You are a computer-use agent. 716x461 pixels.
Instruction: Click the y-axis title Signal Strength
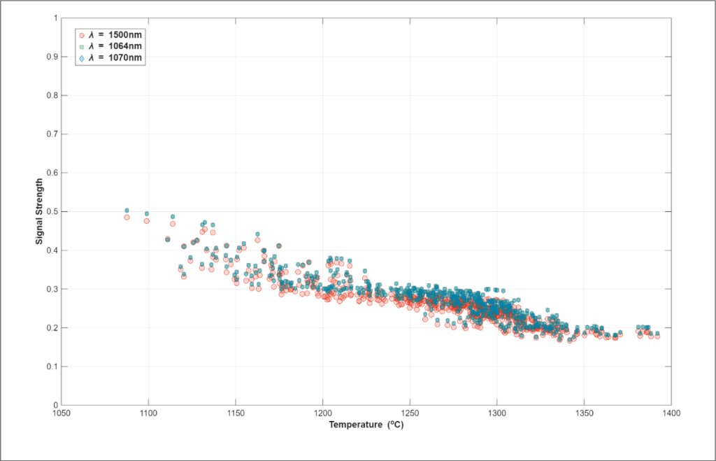[41, 211]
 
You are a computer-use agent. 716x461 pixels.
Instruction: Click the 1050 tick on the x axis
[62, 412]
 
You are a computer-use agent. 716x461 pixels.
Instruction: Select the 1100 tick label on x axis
[148, 412]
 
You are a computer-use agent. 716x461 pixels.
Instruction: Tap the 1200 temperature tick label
[323, 412]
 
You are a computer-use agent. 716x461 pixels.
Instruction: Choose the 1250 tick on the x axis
[410, 412]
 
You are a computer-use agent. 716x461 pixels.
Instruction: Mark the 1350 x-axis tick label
[584, 412]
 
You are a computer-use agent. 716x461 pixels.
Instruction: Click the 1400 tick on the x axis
[671, 412]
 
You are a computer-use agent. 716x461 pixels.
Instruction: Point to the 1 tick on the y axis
[55, 17]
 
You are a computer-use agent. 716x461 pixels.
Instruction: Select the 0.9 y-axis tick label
[52, 57]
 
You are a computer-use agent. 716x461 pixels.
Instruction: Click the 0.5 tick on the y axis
[52, 211]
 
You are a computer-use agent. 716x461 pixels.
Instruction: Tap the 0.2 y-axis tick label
[52, 327]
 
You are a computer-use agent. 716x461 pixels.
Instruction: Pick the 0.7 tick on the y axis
[52, 134]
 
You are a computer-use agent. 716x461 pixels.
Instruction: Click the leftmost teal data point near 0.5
[127, 210]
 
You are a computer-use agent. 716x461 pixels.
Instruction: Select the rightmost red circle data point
[657, 336]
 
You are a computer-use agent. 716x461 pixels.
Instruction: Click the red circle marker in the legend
[82, 34]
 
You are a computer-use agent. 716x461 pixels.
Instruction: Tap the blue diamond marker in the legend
[82, 58]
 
